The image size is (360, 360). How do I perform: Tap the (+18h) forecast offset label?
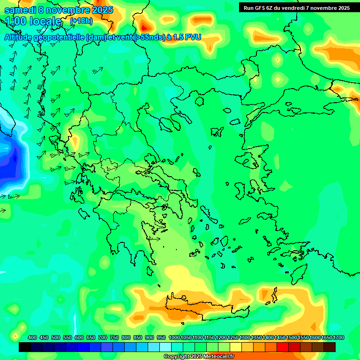point(81,21)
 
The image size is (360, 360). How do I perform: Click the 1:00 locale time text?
point(33,21)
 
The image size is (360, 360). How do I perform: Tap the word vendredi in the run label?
point(292,8)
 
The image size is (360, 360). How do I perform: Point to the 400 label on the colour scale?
point(32,337)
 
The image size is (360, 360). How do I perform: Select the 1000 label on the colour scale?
point(174,337)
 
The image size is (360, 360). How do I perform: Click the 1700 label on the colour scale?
point(338,337)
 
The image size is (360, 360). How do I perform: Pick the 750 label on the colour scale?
point(114,337)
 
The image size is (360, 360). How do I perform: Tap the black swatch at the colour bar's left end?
point(25,347)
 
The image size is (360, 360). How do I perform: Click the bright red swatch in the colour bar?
point(283,347)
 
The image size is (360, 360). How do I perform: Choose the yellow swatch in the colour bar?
point(236,347)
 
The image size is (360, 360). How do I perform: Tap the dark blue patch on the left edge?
point(9,164)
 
